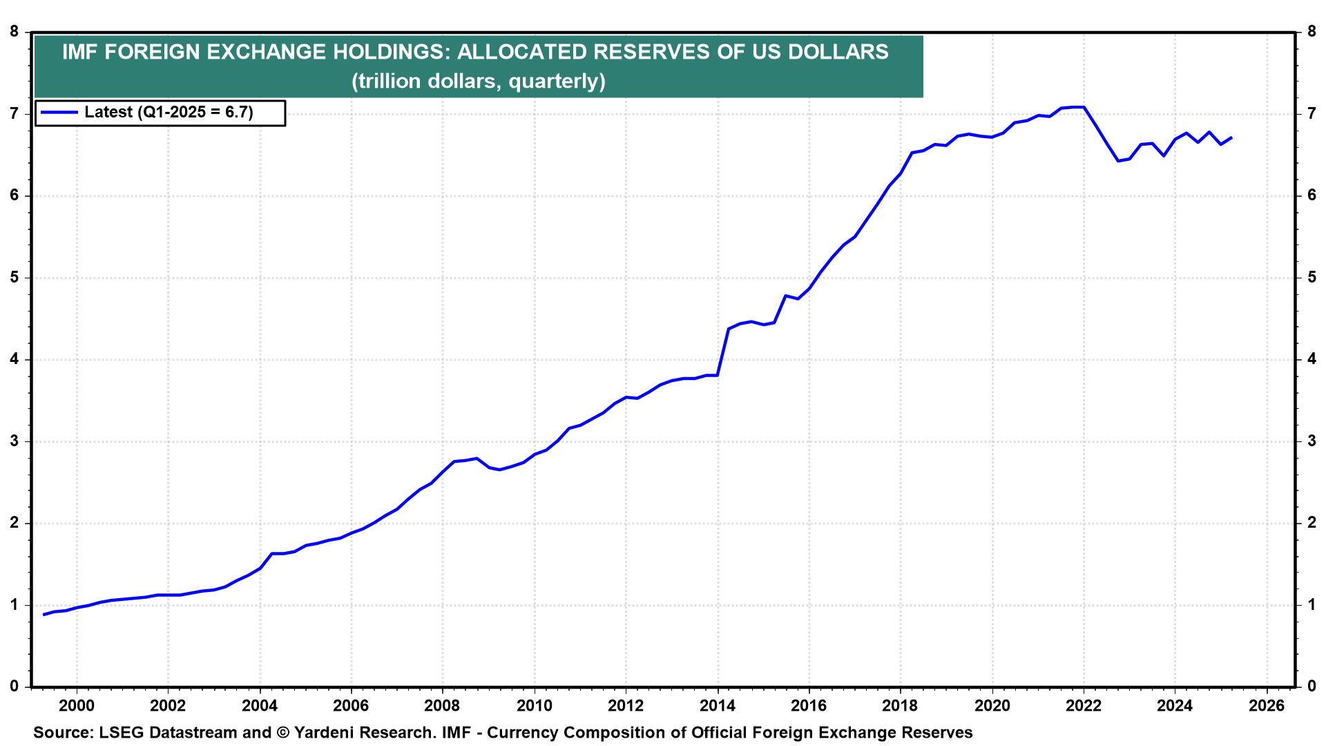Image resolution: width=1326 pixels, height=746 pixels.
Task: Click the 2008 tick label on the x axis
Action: click(442, 706)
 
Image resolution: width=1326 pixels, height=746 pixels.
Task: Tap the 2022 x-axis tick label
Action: click(1083, 706)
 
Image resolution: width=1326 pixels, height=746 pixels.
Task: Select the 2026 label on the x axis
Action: click(1267, 706)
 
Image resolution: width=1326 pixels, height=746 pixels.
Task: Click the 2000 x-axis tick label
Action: click(77, 706)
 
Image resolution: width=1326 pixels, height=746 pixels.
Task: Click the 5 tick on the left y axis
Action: click(14, 278)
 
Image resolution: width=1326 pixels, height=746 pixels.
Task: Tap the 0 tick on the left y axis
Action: click(14, 687)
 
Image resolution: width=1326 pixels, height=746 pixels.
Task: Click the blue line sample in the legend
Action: click(59, 112)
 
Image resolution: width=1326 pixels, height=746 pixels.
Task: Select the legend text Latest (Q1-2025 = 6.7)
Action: click(169, 112)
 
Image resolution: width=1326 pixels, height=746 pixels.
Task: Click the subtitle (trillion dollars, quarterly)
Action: click(478, 82)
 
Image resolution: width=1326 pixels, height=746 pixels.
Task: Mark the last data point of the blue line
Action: click(1231, 137)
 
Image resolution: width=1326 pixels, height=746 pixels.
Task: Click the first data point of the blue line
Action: click(44, 614)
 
